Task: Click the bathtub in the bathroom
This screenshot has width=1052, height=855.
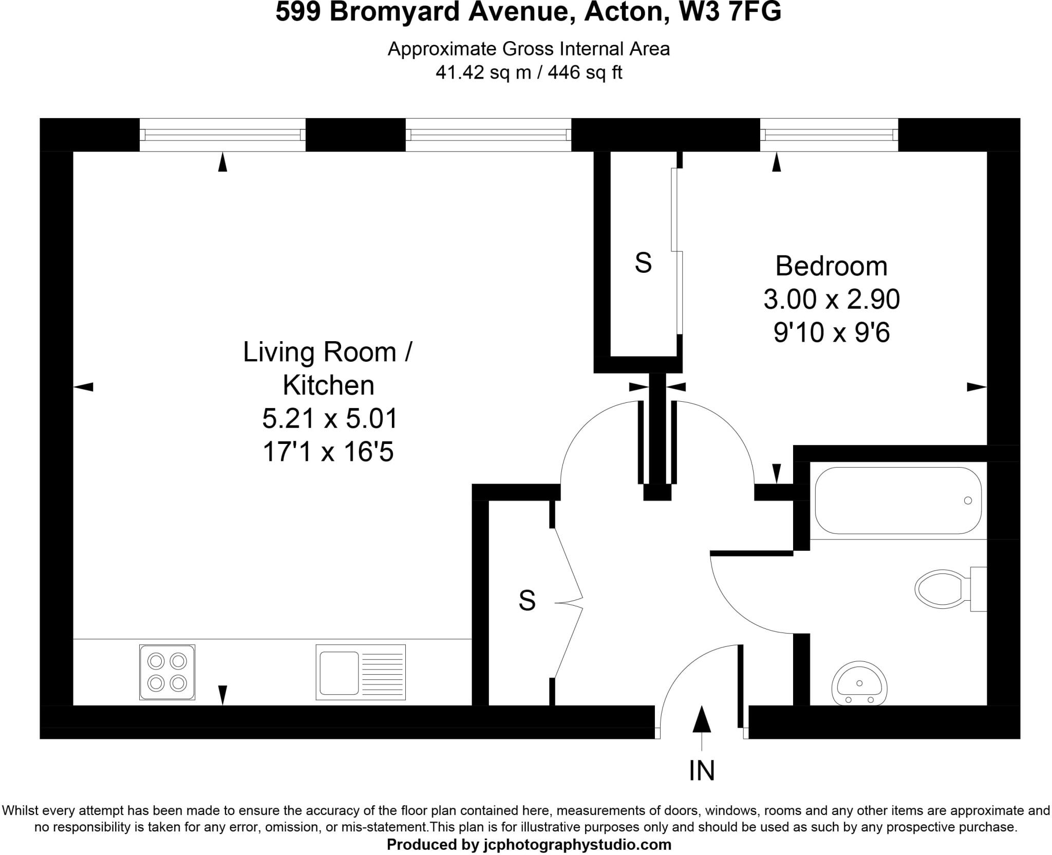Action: pyautogui.click(x=898, y=500)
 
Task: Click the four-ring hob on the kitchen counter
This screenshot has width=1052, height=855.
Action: pyautogui.click(x=167, y=672)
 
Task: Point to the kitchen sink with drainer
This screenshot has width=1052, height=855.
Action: pyautogui.click(x=360, y=672)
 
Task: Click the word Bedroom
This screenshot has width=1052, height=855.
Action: pyautogui.click(x=831, y=266)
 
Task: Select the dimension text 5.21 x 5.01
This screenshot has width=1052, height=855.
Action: pyautogui.click(x=330, y=418)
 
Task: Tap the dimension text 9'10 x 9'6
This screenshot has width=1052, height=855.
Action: pyautogui.click(x=831, y=332)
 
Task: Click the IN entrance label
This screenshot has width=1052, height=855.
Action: pyautogui.click(x=702, y=770)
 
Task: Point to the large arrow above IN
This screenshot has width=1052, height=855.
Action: pyautogui.click(x=702, y=719)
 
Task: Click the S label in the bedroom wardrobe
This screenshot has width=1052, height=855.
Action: pyautogui.click(x=643, y=263)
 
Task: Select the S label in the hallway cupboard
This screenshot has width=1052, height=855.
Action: pyautogui.click(x=527, y=600)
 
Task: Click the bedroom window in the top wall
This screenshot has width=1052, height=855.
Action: pyautogui.click(x=829, y=135)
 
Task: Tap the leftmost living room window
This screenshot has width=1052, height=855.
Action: pyautogui.click(x=222, y=135)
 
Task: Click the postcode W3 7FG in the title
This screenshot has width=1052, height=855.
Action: pyautogui.click(x=730, y=12)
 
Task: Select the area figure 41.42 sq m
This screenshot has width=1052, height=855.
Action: pyautogui.click(x=483, y=72)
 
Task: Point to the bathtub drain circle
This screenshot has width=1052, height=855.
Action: pyautogui.click(x=968, y=500)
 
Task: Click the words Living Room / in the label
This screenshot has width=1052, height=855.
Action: pyautogui.click(x=327, y=352)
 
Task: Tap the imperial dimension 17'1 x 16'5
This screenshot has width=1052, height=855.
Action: pyautogui.click(x=328, y=452)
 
